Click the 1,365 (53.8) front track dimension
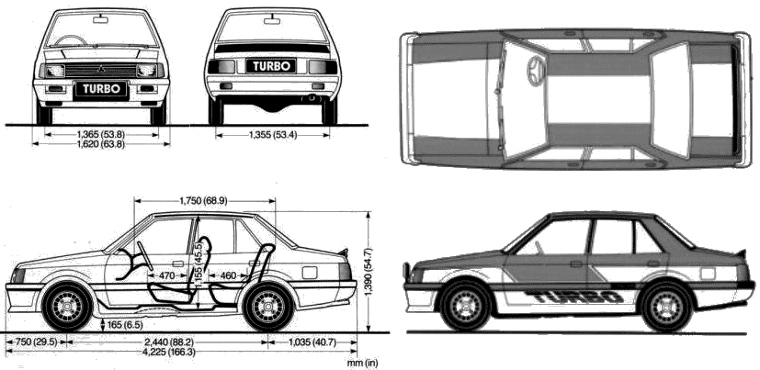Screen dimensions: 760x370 pos(101,134)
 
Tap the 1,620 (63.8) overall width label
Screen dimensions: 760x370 pos(101,143)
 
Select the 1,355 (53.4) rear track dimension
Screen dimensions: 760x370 pos(272,135)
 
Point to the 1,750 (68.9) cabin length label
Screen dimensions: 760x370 pos(203,200)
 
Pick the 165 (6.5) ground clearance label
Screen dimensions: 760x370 pos(125,324)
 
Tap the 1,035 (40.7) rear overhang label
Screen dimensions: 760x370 pos(312,342)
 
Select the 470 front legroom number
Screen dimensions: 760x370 pos(166,276)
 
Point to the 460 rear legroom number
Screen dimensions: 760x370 pos(228,276)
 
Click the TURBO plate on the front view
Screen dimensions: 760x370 pos(101,90)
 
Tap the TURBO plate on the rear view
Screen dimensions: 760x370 pos(271,66)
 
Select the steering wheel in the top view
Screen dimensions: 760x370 pos(536,72)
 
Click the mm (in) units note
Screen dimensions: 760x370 pos(362,363)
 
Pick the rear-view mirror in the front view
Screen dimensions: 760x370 pos(101,20)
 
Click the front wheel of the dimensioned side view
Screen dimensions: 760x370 pos(67,307)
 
